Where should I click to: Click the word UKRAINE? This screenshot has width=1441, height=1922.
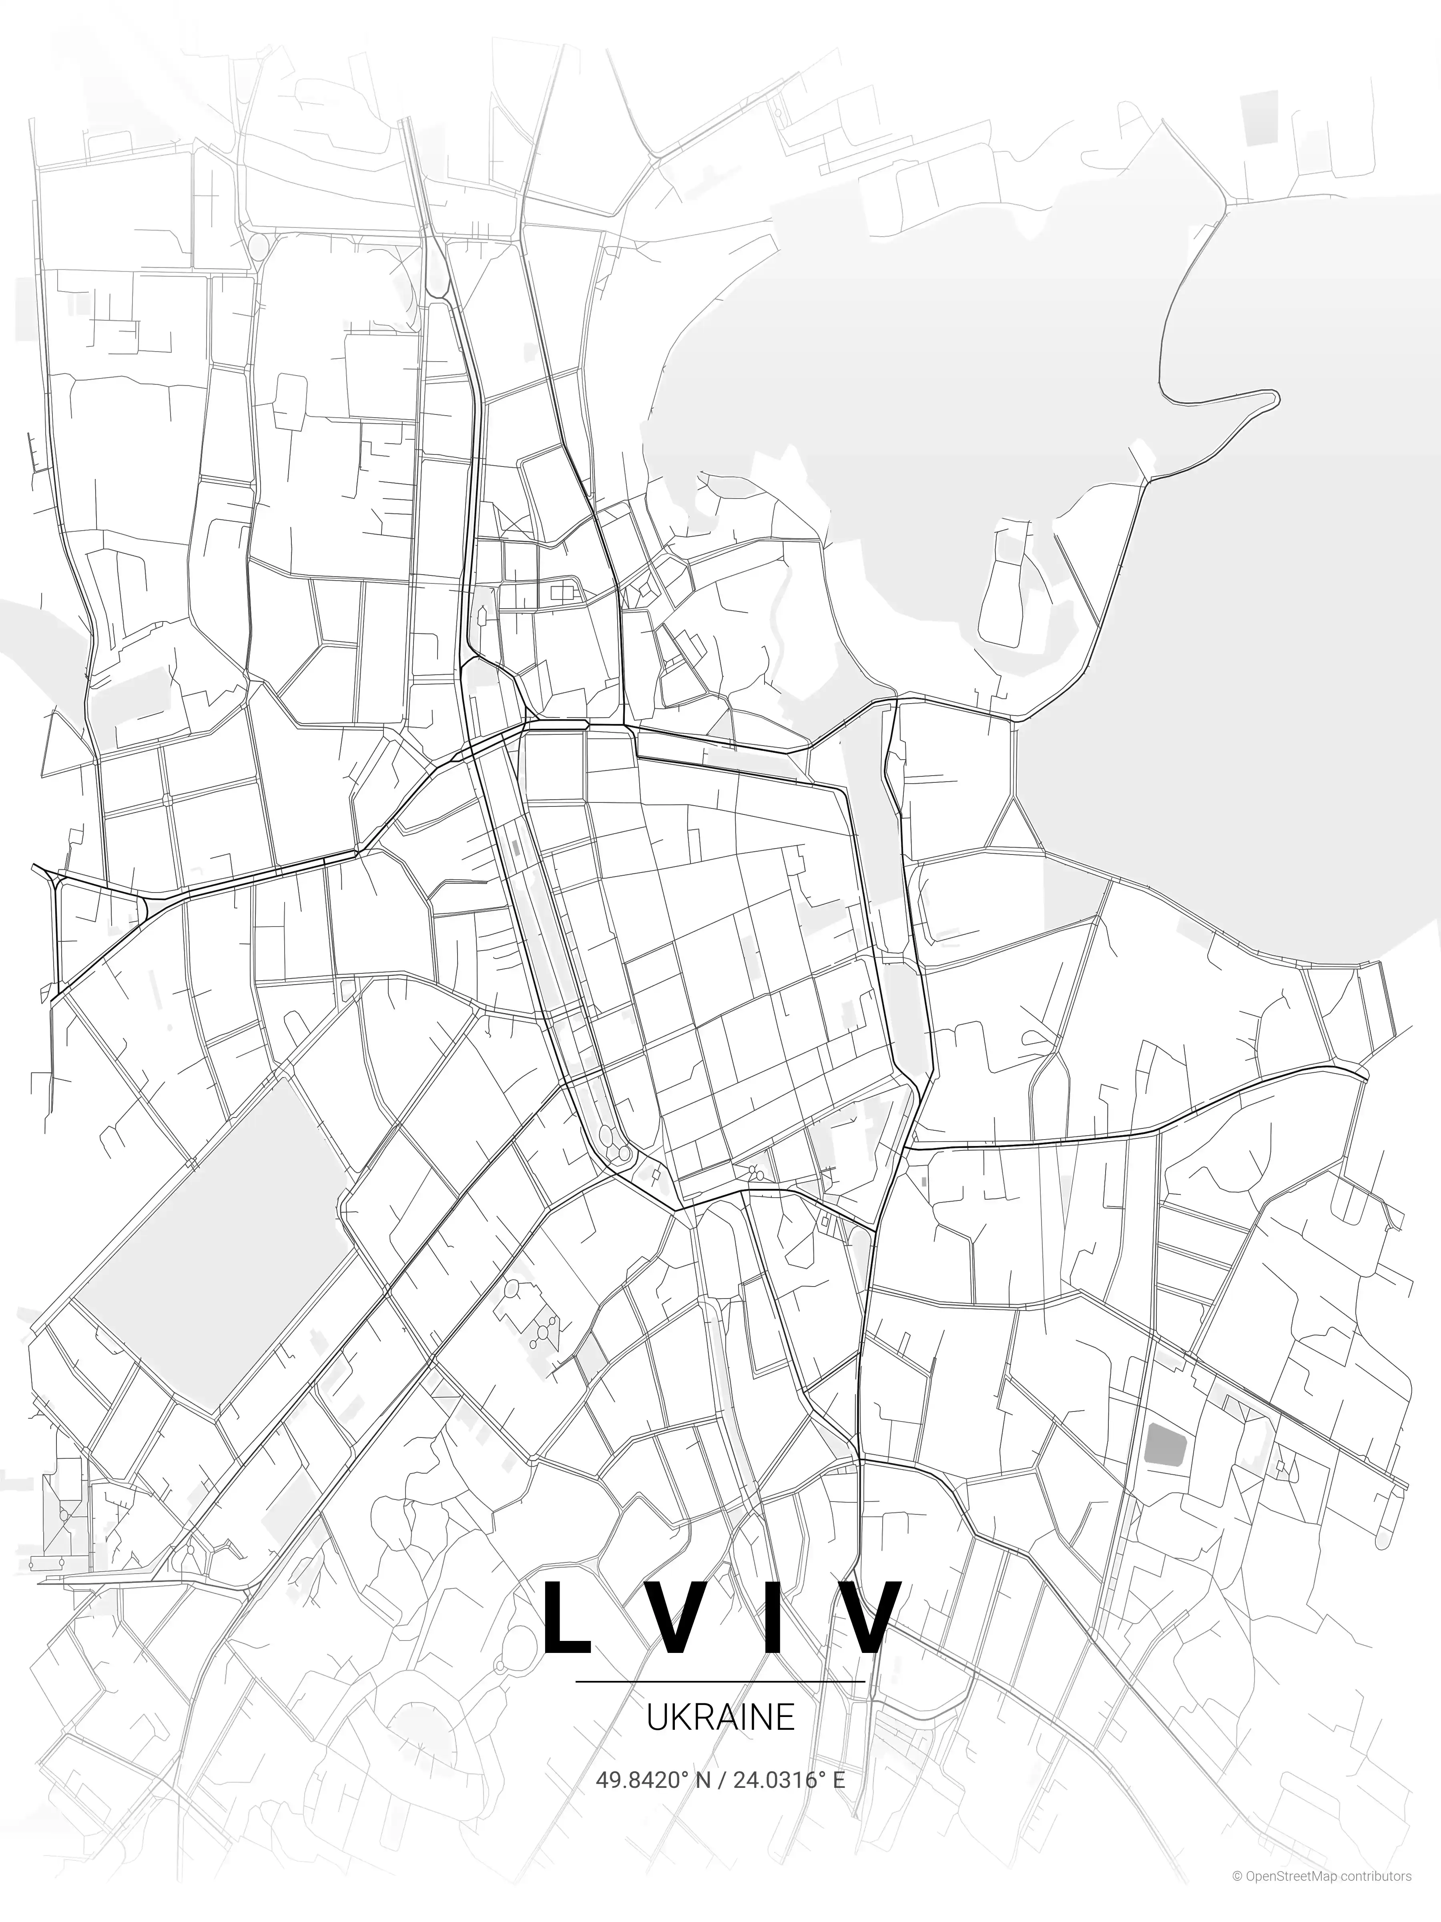720,1717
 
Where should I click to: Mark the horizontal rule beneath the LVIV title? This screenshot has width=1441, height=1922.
720,1681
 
